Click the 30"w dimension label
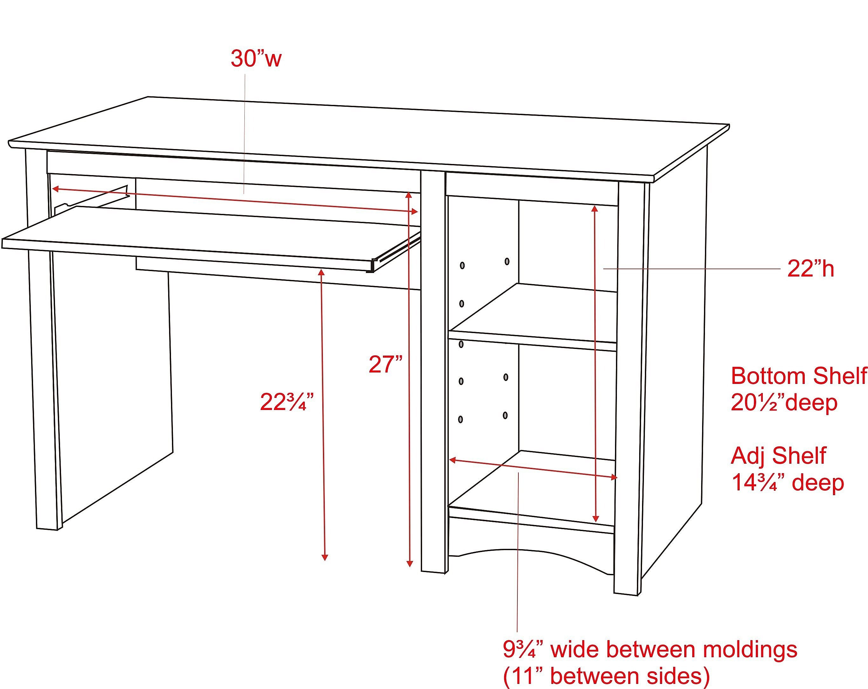[256, 59]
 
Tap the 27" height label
[386, 364]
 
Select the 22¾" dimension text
[287, 401]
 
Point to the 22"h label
[810, 269]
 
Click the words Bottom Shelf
[799, 376]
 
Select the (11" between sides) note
[606, 676]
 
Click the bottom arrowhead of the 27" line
[409, 563]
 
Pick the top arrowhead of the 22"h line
[595, 208]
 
